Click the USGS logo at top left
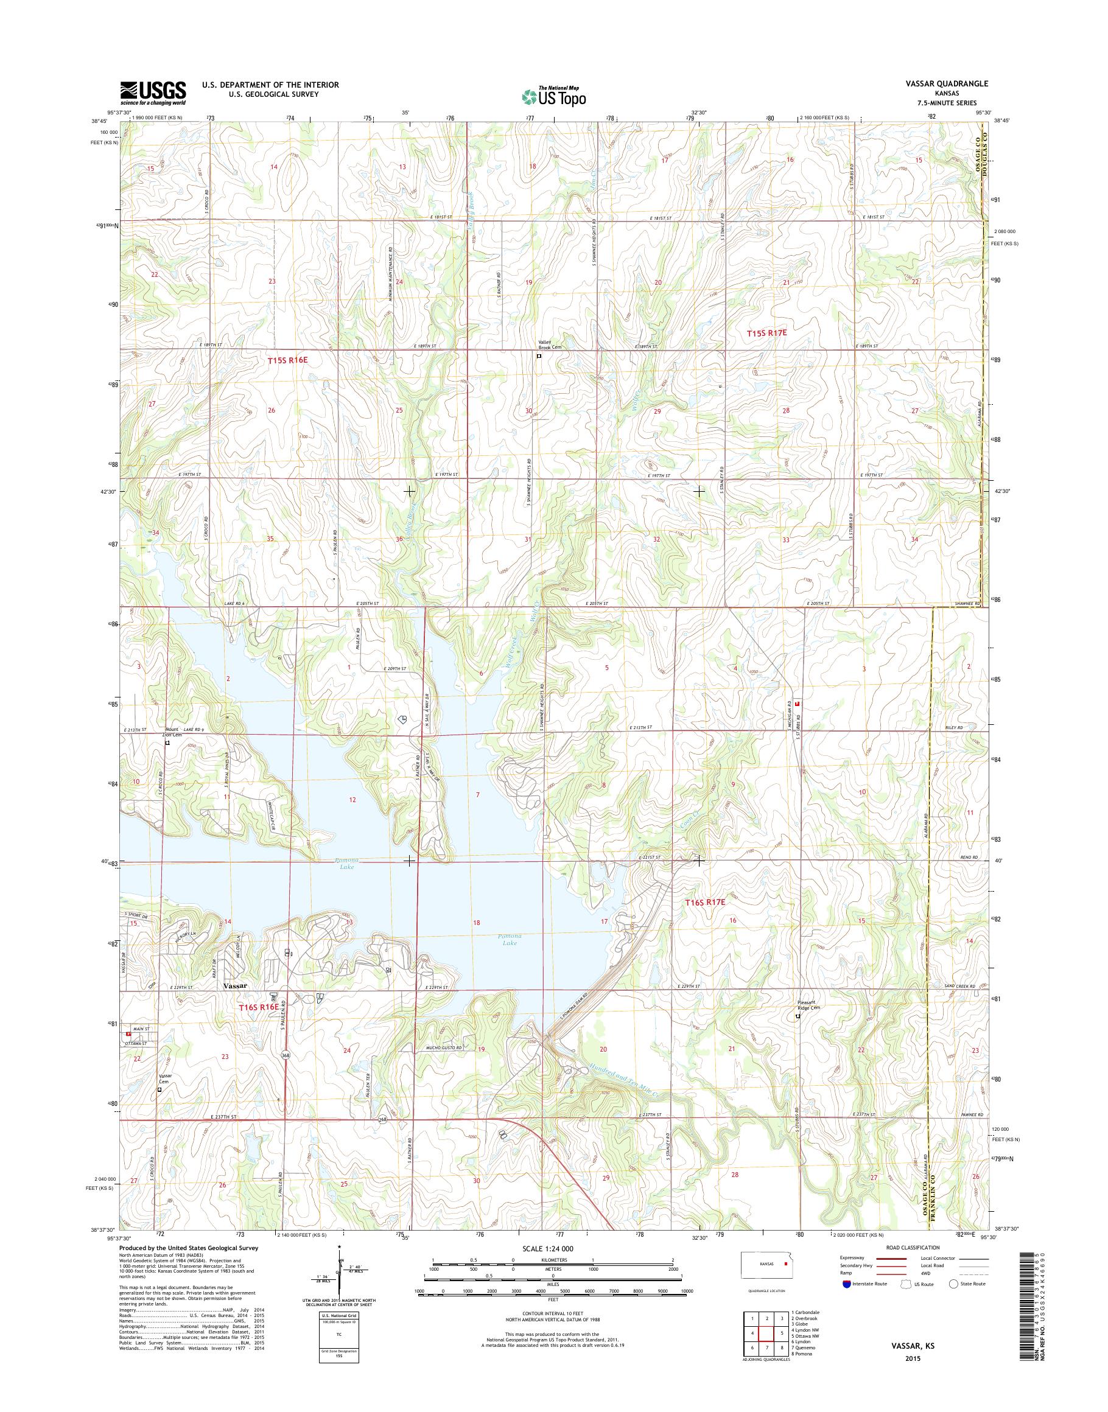tap(153, 93)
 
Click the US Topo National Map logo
tap(553, 96)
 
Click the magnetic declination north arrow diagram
tap(340, 1273)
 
